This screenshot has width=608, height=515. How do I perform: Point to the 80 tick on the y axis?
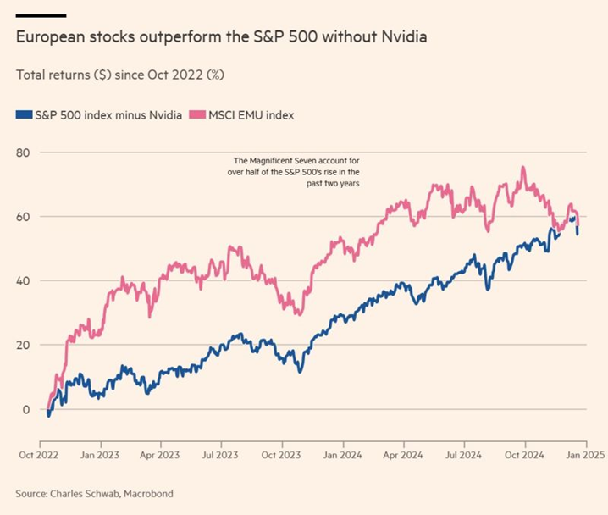[x=23, y=152]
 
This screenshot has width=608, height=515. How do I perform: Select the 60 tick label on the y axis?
[x=23, y=217]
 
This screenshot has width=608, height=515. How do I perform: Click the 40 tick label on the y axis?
[x=23, y=281]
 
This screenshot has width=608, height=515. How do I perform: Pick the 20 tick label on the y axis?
[x=23, y=346]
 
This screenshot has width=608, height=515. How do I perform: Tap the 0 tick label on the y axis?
[x=26, y=410]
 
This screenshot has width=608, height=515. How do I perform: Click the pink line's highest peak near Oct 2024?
[x=523, y=168]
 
